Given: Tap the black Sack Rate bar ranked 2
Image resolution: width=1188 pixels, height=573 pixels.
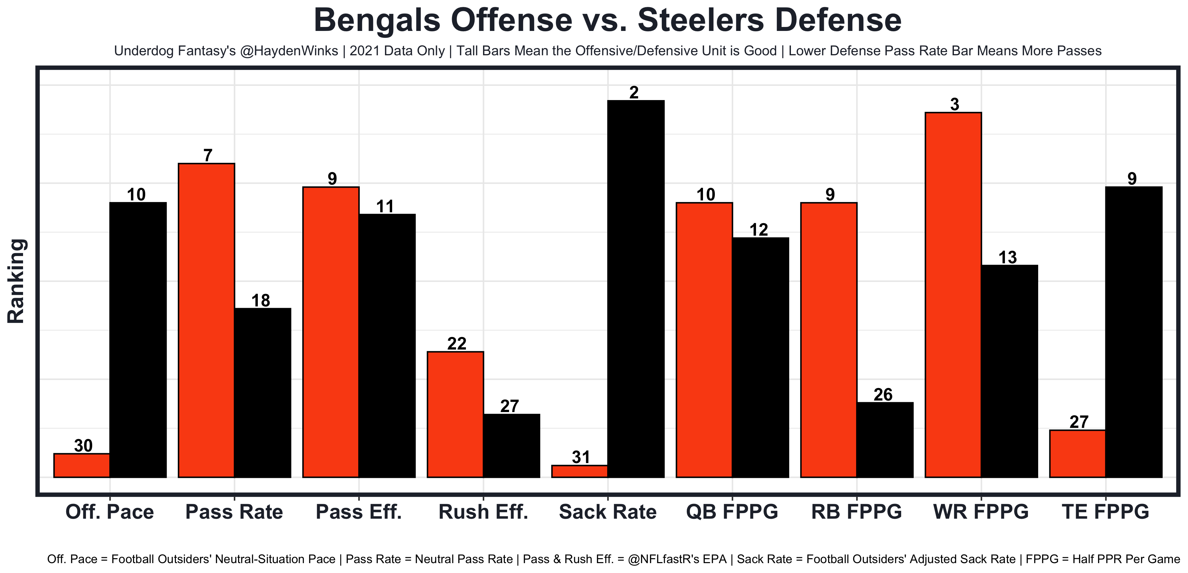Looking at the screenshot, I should coord(636,289).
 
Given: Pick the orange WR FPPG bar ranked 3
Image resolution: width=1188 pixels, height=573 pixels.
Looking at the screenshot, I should coord(953,295).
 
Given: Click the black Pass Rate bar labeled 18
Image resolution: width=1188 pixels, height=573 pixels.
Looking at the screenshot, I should coord(263,393).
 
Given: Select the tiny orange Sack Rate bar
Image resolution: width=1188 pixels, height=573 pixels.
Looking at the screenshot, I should coord(580,471).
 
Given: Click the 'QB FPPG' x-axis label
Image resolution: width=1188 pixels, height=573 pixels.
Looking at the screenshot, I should coord(732,512).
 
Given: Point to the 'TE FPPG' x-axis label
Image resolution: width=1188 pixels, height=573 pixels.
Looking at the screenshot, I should coord(1105,512).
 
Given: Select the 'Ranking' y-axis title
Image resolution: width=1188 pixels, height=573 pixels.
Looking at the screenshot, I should coord(16,281).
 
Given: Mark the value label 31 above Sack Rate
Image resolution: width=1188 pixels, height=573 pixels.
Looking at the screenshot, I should coord(580,457).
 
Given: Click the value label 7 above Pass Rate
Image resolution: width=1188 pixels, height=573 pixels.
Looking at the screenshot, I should coord(208,156).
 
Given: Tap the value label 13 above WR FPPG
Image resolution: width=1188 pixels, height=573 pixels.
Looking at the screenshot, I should coord(1007,257).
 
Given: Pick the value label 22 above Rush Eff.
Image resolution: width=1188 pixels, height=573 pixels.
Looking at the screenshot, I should coord(457,343).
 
